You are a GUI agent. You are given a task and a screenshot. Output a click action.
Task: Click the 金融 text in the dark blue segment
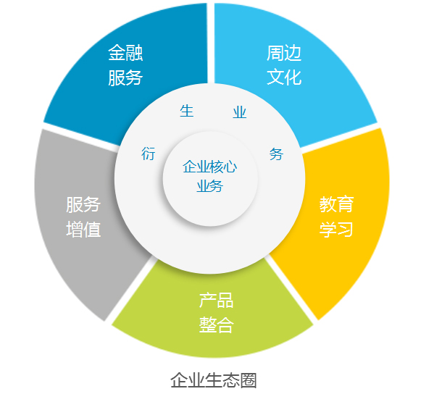[125, 53]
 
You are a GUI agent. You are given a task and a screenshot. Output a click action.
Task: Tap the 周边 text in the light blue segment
[284, 53]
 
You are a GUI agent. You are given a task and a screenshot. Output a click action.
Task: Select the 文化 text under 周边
[284, 77]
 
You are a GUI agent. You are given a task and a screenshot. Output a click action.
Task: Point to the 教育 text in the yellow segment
[336, 204]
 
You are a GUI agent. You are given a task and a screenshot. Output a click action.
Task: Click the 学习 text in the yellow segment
[336, 230]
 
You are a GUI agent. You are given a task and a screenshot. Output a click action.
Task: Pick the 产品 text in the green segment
[216, 301]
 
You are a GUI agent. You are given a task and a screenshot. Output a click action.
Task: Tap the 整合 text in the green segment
[216, 325]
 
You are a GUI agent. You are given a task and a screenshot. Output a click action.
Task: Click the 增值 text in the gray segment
[83, 230]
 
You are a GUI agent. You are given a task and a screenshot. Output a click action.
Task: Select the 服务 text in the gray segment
[83, 205]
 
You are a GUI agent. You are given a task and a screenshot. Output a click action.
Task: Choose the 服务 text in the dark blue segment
[125, 77]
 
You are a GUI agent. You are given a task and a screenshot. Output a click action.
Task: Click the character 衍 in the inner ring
[149, 154]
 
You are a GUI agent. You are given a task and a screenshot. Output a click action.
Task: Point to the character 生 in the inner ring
[187, 111]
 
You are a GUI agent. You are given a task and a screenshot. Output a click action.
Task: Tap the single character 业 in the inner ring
[240, 112]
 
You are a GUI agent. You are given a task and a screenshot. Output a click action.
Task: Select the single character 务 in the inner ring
[276, 154]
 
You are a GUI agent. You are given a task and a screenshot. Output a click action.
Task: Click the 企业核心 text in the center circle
[209, 167]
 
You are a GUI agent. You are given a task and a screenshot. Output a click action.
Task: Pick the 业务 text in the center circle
[209, 186]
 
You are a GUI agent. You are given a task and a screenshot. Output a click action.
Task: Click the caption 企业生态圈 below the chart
[214, 380]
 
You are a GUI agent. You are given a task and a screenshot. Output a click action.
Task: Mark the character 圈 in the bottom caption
[249, 380]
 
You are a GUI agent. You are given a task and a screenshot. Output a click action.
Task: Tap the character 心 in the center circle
[230, 167]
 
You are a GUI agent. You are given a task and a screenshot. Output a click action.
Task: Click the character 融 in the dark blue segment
[134, 53]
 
